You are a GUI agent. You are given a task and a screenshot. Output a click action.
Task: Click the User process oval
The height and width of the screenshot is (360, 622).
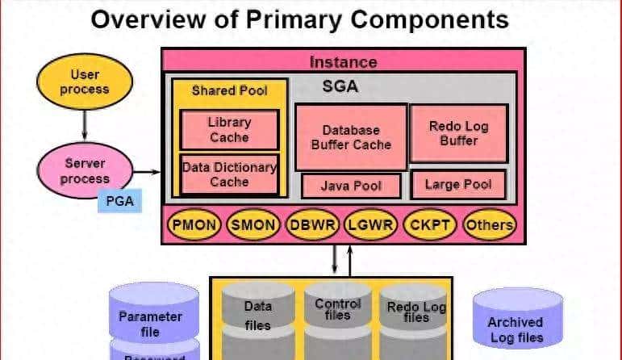click(84, 83)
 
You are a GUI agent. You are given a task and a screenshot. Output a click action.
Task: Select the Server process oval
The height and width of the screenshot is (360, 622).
click(84, 171)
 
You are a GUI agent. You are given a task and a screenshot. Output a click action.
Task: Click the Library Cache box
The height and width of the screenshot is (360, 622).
click(229, 130)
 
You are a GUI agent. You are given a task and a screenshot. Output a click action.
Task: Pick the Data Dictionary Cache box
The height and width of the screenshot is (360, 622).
click(229, 174)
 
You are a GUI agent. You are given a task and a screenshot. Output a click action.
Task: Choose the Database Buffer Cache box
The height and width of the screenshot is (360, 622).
click(350, 136)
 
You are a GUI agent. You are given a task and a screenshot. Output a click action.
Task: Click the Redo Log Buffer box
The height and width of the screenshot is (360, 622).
click(458, 133)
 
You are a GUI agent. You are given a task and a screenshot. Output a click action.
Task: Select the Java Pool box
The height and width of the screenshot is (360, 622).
click(350, 186)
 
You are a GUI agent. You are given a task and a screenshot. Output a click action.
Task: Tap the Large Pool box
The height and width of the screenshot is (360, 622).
click(458, 185)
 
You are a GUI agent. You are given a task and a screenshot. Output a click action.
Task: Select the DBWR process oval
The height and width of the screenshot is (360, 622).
click(313, 224)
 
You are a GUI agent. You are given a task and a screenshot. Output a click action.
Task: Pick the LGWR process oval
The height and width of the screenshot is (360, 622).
click(370, 224)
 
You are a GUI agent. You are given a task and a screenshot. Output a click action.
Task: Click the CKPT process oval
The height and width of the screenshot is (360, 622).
click(429, 224)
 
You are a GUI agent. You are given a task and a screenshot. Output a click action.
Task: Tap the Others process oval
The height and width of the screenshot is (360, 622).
click(489, 224)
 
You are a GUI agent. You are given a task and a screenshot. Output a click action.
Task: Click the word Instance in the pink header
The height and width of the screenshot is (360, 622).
click(343, 61)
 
